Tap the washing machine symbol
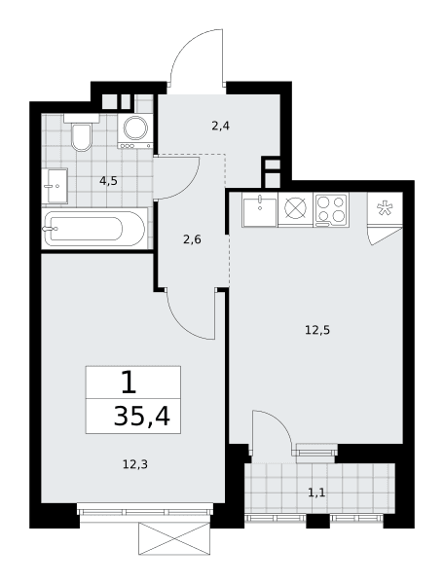[x=134, y=131]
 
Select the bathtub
[x=94, y=229]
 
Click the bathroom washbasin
[x=55, y=186]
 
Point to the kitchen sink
[x=260, y=209]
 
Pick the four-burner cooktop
[x=331, y=209]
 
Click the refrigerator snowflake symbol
[x=384, y=208]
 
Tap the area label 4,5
[x=108, y=181]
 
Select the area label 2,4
[x=220, y=127]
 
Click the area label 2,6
[x=192, y=239]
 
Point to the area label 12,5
[x=317, y=330]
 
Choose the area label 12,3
[x=135, y=464]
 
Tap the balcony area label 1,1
[x=316, y=493]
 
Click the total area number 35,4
[x=142, y=417]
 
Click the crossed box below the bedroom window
[x=174, y=538]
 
